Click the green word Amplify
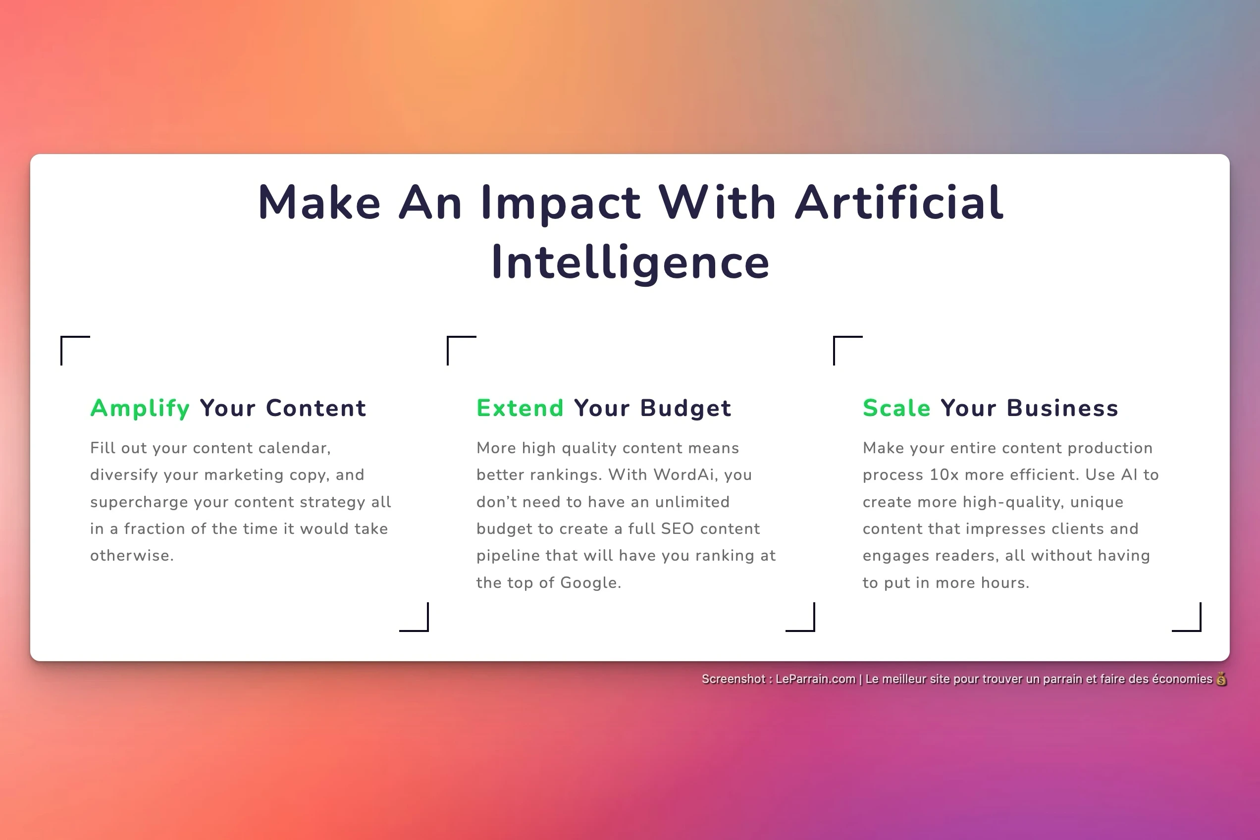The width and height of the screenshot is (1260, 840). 140,409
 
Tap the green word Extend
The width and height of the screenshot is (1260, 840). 520,408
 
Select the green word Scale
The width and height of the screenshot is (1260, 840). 896,408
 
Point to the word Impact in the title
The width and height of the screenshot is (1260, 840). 560,204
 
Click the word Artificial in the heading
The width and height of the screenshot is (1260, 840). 899,202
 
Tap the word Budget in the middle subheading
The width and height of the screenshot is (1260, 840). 685,409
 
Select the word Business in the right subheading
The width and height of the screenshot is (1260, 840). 1062,408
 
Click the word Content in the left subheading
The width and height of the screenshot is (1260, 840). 316,408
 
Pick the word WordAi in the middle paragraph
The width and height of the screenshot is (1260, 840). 683,475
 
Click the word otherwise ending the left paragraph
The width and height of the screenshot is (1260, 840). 132,556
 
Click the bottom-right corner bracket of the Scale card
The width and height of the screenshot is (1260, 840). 1200,630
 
